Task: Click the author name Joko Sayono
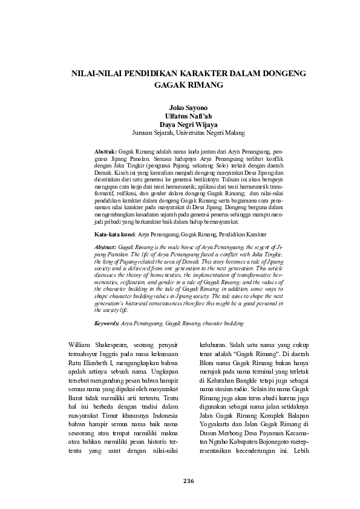tap(179, 106)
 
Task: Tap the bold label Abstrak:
tap(106, 149)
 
